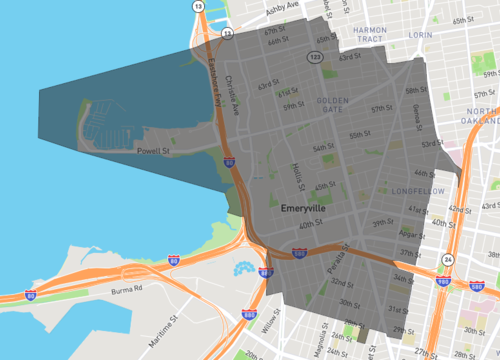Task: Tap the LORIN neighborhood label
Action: (x=420, y=35)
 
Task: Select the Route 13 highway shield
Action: (x=199, y=7)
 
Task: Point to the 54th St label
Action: (x=323, y=148)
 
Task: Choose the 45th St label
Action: (x=325, y=186)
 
